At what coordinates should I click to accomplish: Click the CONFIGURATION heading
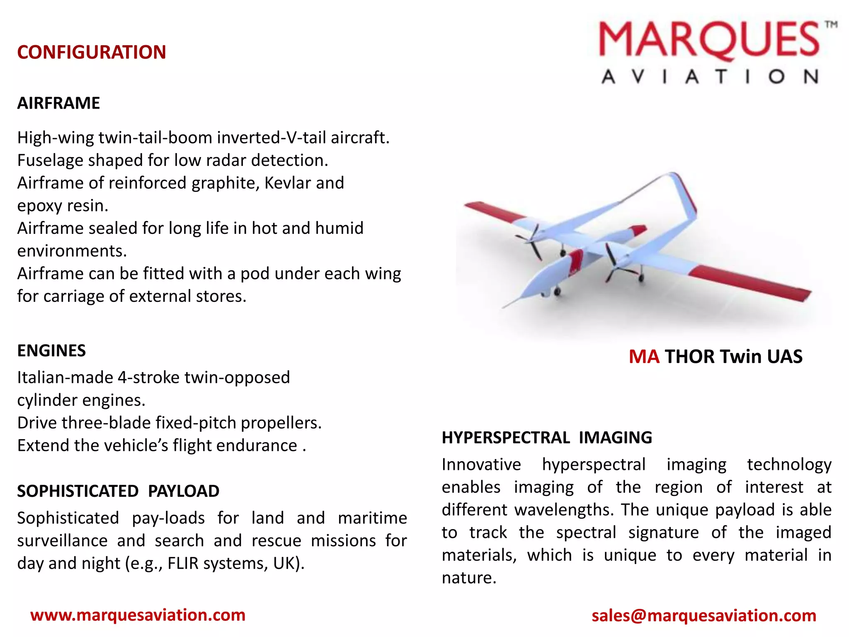[92, 53]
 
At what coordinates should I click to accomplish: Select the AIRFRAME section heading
[58, 103]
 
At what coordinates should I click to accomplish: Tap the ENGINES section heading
[51, 351]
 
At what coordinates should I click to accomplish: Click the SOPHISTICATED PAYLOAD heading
[118, 491]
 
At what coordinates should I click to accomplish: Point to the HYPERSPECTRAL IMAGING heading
[547, 438]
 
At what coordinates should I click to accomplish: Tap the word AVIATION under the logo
[710, 77]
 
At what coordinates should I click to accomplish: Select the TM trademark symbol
[831, 25]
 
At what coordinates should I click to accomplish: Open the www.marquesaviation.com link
[138, 615]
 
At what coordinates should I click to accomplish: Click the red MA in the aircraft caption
[644, 357]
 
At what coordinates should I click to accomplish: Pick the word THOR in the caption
[689, 357]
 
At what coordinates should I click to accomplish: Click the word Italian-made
[64, 378]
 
